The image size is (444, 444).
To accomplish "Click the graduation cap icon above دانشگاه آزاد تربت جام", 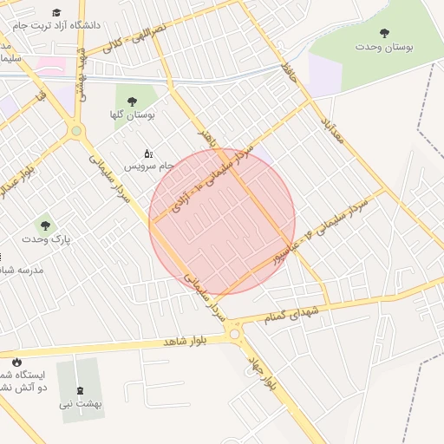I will click(x=57, y=13).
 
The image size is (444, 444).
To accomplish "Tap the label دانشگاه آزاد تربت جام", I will click(x=59, y=26).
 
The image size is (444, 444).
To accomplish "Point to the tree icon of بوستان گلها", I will click(x=132, y=101).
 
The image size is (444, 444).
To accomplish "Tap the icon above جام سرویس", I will click(x=147, y=153).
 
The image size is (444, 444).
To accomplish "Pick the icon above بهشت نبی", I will click(x=82, y=390).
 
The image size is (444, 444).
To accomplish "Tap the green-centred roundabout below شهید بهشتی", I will click(x=76, y=132).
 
